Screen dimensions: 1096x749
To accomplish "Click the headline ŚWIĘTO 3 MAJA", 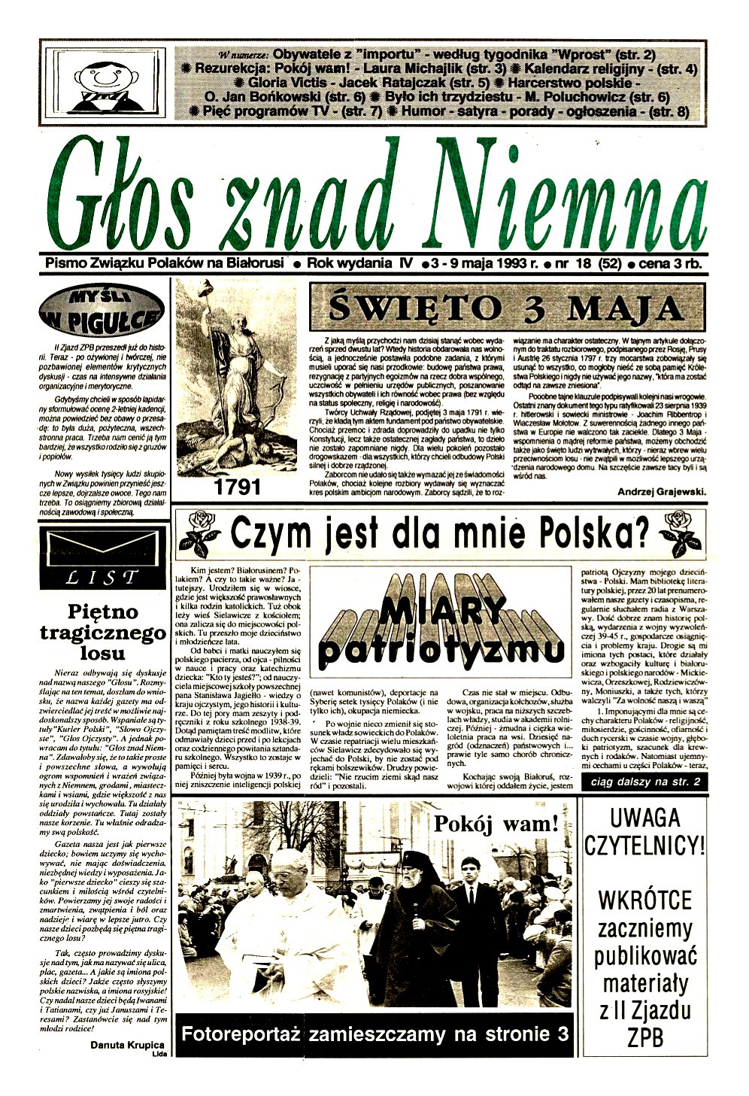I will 508,308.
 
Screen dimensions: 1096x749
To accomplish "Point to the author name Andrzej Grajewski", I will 661,492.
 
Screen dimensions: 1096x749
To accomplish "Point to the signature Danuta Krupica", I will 127,1045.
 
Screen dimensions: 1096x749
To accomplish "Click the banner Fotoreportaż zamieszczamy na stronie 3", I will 374,1033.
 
